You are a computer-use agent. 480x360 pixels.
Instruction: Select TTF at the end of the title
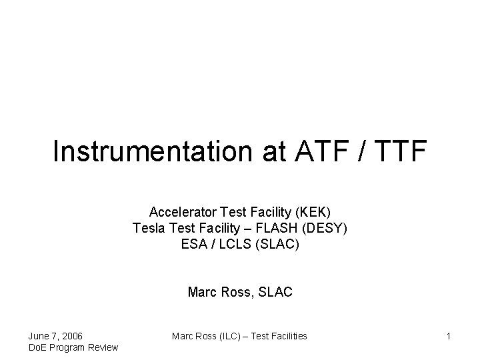coord(398,152)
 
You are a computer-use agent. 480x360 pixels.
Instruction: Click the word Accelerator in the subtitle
coord(177,213)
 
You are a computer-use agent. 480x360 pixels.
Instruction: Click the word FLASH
coord(279,229)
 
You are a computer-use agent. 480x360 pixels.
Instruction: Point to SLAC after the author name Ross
coord(276,292)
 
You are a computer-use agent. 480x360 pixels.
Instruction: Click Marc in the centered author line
coord(202,292)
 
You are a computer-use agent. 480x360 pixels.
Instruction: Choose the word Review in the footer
coord(103,347)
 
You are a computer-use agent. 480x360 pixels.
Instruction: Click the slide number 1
coord(448,336)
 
